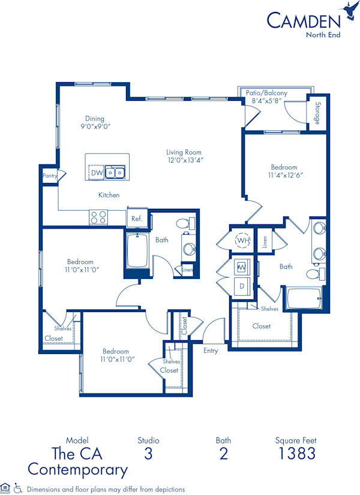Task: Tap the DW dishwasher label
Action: tap(96, 173)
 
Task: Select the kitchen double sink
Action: tap(115, 173)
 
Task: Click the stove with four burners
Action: tap(98, 217)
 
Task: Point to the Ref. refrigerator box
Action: tap(137, 218)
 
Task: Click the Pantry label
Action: tap(49, 176)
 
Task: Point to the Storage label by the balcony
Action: tap(317, 113)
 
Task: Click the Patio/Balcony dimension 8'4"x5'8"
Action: tap(266, 103)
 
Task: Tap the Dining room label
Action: tap(94, 118)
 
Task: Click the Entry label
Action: tap(211, 351)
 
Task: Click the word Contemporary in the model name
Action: tap(77, 469)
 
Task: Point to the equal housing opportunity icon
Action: tap(5, 488)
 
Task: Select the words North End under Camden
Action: tap(324, 34)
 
